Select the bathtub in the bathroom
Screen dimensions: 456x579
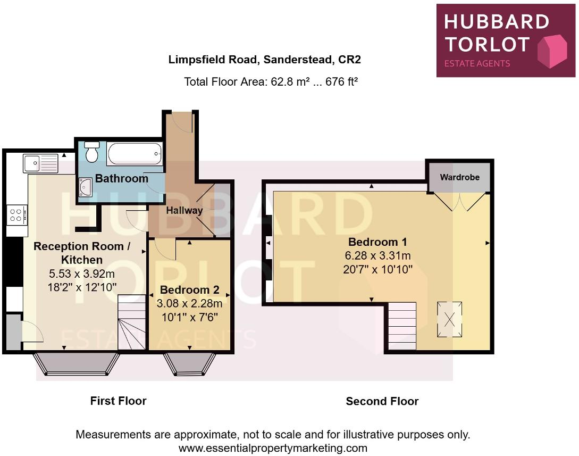(134, 154)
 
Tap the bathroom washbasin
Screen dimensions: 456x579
(86, 187)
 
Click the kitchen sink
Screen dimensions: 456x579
(40, 162)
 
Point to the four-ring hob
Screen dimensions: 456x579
(16, 214)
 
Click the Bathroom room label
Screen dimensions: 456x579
(121, 179)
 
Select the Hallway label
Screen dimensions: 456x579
(184, 210)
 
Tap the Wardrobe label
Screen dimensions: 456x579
(459, 177)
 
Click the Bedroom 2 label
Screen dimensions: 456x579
(189, 290)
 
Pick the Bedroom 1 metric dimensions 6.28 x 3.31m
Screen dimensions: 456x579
(377, 255)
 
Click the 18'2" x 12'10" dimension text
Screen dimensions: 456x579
(82, 287)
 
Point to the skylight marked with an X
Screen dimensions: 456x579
(449, 320)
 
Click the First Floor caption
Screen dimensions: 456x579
(118, 401)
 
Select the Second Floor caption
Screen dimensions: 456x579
(382, 401)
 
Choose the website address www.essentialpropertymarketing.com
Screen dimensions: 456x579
(273, 447)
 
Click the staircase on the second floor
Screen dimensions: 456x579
(402, 326)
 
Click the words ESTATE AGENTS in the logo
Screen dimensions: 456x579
(477, 63)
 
